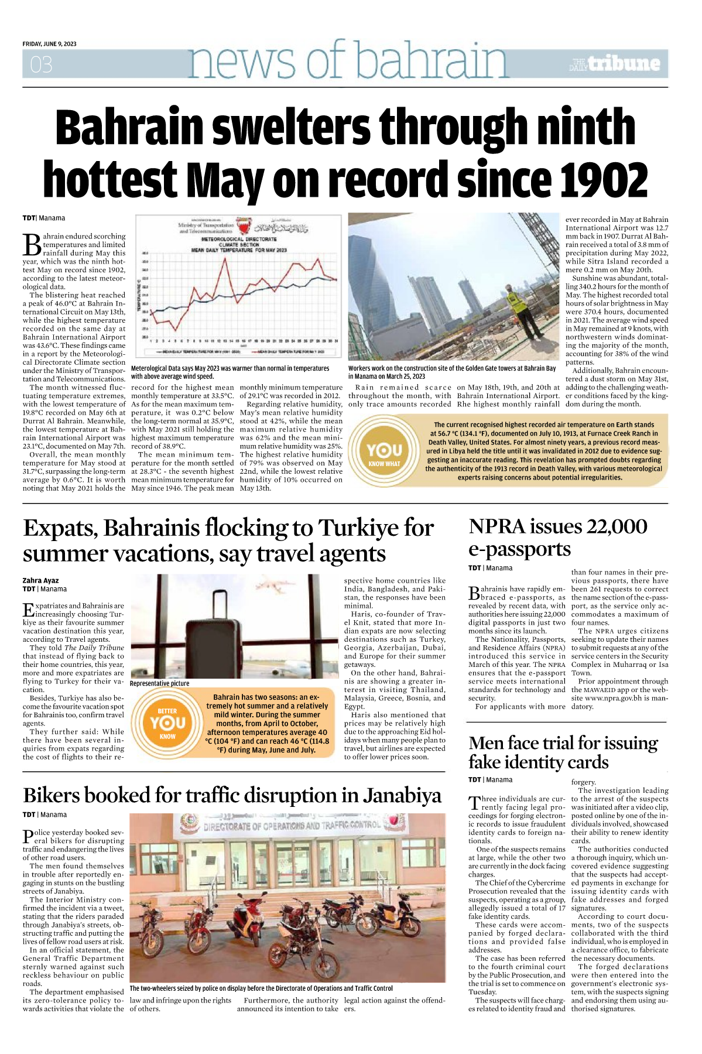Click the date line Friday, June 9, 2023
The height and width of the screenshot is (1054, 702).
click(x=49, y=44)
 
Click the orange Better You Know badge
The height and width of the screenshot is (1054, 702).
click(x=167, y=723)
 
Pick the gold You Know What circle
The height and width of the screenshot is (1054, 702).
click(x=385, y=452)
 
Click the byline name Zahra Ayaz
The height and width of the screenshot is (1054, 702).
click(x=40, y=580)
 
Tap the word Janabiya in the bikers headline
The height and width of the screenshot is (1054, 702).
click(x=402, y=795)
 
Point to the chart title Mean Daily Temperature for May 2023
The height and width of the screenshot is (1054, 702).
click(x=239, y=250)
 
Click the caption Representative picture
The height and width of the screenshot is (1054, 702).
click(x=159, y=683)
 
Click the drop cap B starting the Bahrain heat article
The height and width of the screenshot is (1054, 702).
click(x=32, y=244)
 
